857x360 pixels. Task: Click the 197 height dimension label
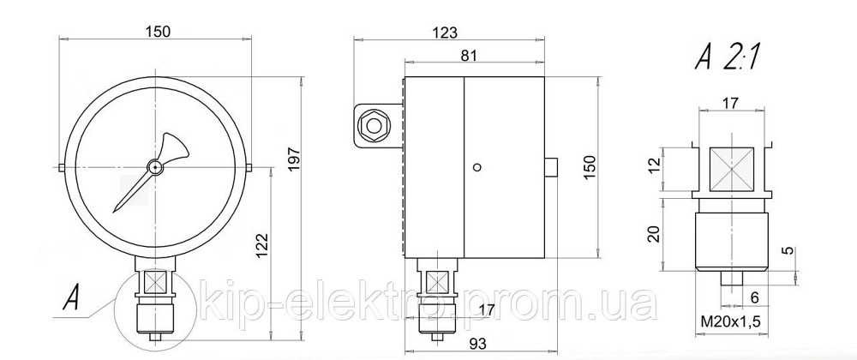[x=295, y=159]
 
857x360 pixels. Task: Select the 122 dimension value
[x=263, y=245]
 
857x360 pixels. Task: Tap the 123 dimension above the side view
[x=446, y=33]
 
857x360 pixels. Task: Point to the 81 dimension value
[x=469, y=55]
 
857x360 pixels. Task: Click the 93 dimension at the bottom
[x=477, y=343]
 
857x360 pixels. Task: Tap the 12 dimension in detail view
[x=656, y=165]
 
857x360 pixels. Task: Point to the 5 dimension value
[x=787, y=251]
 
